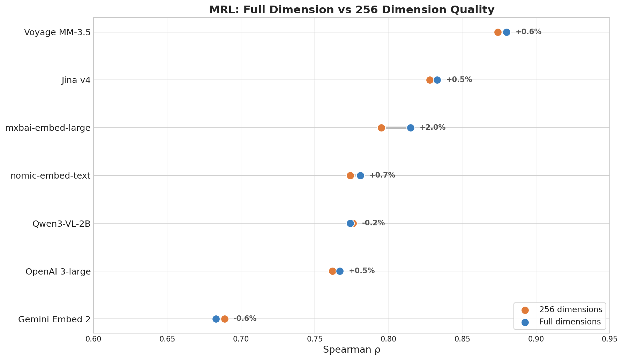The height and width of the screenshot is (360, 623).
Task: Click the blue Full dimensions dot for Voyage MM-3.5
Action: click(x=506, y=32)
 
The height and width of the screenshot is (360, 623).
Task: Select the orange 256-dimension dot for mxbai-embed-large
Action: click(x=381, y=128)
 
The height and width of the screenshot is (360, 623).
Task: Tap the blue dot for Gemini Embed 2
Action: click(x=216, y=319)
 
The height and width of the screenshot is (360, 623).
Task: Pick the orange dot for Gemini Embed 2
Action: click(x=225, y=319)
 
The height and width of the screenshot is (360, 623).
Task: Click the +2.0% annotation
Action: click(x=432, y=127)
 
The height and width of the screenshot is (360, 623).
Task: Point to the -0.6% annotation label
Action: click(x=245, y=318)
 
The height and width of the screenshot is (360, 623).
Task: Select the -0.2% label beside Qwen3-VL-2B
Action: click(x=373, y=223)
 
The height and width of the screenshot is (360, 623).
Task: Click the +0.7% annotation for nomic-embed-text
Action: click(x=382, y=175)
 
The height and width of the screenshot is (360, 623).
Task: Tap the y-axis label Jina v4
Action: click(x=76, y=80)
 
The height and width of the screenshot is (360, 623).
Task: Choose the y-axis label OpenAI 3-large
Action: click(x=58, y=271)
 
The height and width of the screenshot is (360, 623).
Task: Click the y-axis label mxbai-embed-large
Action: click(x=48, y=128)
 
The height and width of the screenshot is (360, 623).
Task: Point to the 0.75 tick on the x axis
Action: click(x=315, y=339)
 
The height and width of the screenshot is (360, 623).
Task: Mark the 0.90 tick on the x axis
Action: click(x=536, y=339)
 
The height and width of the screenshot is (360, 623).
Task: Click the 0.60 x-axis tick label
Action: click(x=93, y=339)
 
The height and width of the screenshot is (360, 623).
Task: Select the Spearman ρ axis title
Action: click(x=352, y=350)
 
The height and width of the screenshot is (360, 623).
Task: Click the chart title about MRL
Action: click(x=352, y=10)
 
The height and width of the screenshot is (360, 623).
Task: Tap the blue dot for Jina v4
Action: click(x=437, y=80)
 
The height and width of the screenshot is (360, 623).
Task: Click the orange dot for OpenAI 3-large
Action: click(x=332, y=271)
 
